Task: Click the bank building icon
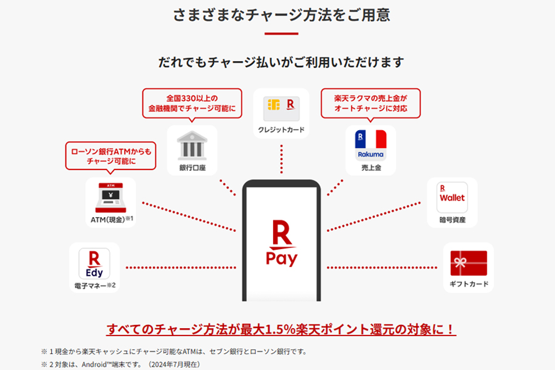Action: (192, 145)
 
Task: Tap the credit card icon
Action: (281, 109)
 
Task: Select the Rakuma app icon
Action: (371, 145)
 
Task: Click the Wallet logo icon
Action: (452, 197)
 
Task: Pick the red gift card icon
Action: (469, 263)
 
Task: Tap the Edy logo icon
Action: (94, 264)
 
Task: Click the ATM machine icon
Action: (111, 197)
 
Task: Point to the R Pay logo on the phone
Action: (282, 243)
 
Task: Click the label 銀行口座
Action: (192, 168)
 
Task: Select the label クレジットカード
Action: (281, 129)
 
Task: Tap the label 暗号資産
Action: (453, 220)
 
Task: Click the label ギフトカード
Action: (469, 284)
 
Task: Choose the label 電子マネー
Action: (90, 286)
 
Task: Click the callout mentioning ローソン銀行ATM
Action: (111, 156)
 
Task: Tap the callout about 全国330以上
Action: (192, 104)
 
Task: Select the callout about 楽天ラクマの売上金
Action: (371, 104)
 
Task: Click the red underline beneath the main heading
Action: (281, 34)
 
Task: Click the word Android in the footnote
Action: (94, 364)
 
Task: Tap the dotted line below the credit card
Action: (281, 159)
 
